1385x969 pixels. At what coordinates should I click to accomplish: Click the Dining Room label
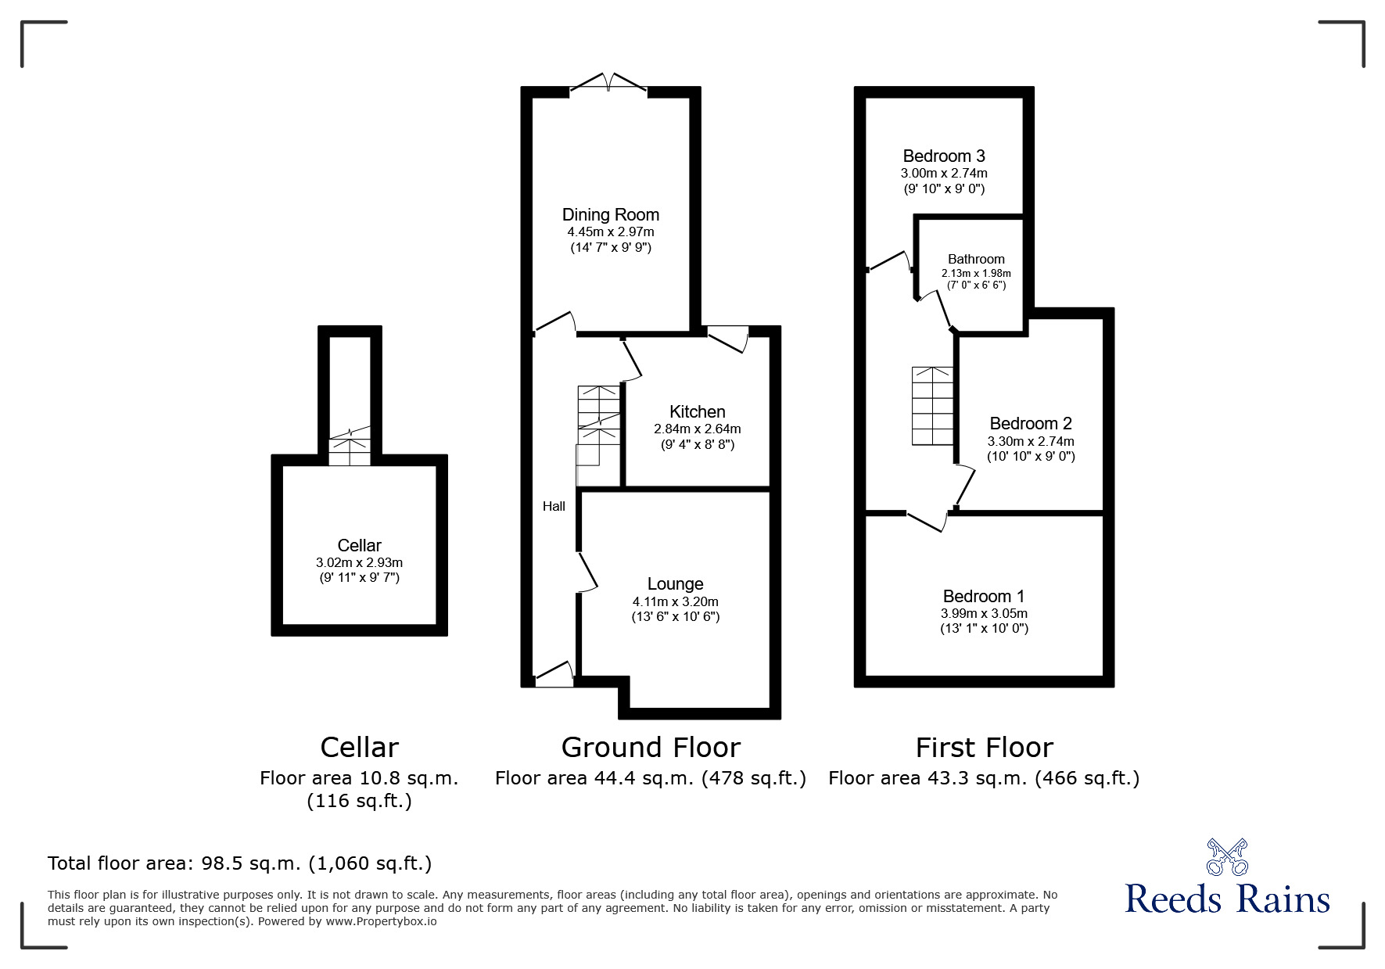point(610,214)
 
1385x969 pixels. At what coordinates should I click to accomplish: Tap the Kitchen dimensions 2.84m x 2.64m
point(697,429)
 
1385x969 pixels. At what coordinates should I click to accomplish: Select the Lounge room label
point(675,583)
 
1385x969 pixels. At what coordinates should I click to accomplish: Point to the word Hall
point(554,506)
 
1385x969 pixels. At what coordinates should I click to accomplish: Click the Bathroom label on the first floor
point(976,259)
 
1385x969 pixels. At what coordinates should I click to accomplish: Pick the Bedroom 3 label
point(943,156)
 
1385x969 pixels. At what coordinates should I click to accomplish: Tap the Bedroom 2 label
point(1030,423)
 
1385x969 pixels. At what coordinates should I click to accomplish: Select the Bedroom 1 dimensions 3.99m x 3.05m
point(984,613)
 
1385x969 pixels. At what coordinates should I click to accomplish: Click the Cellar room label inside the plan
point(359,545)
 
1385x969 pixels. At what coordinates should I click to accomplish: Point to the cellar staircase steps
point(349,451)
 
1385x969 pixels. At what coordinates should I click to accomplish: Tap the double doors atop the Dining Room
point(608,83)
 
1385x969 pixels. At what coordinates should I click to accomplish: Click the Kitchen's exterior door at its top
point(728,339)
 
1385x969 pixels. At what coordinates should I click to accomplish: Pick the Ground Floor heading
point(650,748)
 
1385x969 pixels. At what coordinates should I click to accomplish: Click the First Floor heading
point(984,748)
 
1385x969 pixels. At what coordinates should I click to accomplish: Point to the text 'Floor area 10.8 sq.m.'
point(359,778)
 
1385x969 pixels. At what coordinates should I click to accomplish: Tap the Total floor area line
point(239,863)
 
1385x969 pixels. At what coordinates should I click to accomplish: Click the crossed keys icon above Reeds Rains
point(1226,857)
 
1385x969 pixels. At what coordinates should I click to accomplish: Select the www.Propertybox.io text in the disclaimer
point(381,921)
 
